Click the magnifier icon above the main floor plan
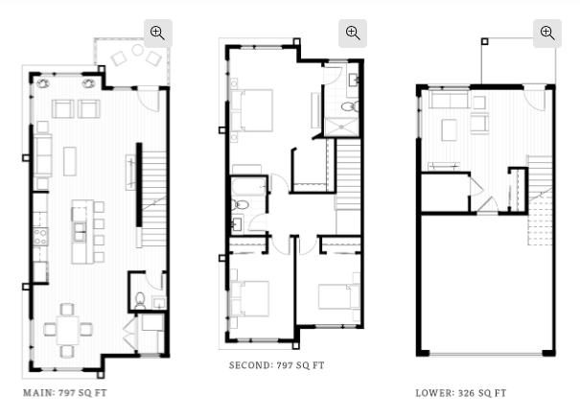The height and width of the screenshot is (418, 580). (158, 34)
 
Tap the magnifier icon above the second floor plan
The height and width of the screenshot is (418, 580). (353, 34)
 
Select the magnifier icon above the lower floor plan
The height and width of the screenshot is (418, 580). (547, 34)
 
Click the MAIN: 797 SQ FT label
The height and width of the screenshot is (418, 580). (65, 393)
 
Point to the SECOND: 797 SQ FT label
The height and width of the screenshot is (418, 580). (277, 365)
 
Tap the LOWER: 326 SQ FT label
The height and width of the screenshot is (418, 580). (461, 393)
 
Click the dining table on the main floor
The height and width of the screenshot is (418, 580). (68, 330)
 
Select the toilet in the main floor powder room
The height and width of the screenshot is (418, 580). (140, 300)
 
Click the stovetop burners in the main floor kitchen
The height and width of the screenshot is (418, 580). (40, 237)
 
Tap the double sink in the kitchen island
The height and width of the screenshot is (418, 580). (80, 232)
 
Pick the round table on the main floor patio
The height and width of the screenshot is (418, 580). (138, 50)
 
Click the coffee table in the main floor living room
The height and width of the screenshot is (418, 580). (70, 161)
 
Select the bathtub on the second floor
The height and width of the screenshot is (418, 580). (249, 186)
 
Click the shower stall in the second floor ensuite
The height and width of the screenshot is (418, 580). (341, 127)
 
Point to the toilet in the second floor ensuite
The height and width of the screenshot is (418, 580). (349, 106)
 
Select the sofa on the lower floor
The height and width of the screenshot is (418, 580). (449, 100)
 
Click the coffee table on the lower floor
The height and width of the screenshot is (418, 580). (449, 129)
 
